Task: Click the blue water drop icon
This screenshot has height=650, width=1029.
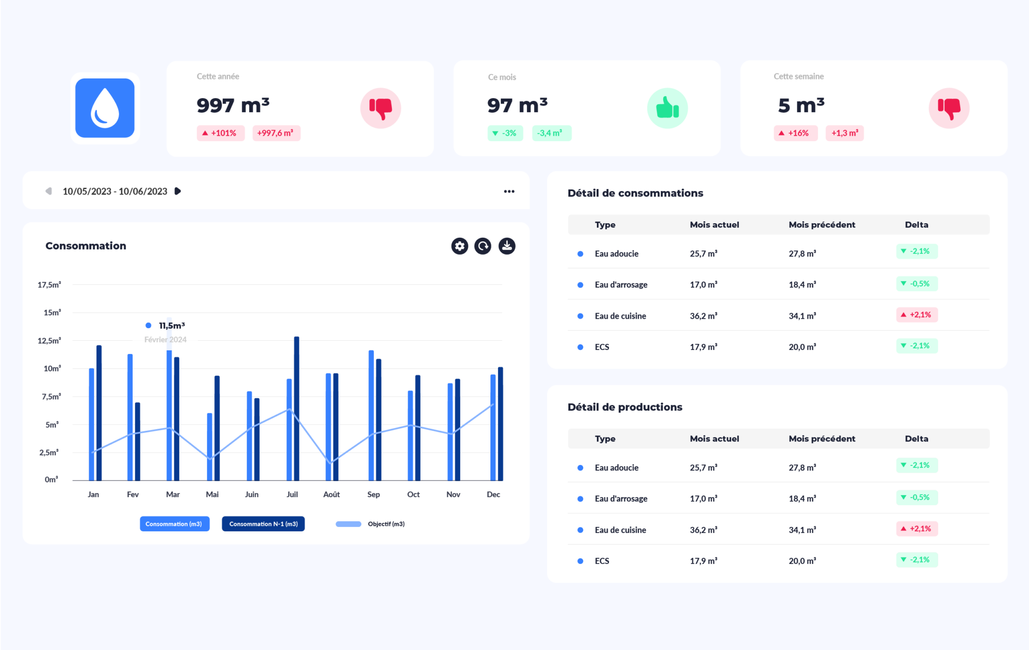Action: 105,108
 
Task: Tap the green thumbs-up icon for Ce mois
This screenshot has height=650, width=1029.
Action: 667,108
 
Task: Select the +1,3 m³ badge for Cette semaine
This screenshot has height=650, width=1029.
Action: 845,133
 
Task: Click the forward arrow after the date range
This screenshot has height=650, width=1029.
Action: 177,191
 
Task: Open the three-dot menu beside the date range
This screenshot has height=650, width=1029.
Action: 509,192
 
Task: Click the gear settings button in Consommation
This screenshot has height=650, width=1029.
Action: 459,246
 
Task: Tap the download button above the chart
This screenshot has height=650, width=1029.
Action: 507,246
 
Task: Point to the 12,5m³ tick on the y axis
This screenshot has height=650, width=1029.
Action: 49,341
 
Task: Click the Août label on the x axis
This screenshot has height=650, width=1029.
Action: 332,495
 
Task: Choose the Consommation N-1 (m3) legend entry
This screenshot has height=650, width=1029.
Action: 263,524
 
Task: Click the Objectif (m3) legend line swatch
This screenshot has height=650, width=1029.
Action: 348,524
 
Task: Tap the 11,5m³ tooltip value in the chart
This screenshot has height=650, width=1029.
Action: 172,326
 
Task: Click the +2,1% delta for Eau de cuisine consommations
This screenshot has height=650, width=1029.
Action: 917,315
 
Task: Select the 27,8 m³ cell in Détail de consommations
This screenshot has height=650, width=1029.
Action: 802,254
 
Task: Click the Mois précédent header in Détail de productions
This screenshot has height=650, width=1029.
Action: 821,439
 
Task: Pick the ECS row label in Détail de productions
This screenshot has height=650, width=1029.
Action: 602,561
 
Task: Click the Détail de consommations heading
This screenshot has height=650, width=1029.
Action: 635,193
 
